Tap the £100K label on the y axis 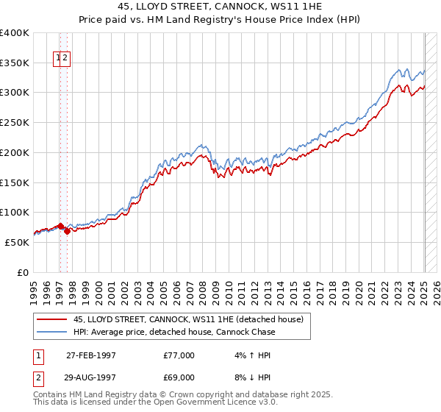click(15, 212)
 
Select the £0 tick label click(24, 272)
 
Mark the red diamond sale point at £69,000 click(67, 231)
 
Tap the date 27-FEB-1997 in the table click(91, 355)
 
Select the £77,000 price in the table click(179, 355)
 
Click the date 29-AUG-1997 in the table click(91, 377)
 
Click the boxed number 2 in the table click(38, 377)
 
